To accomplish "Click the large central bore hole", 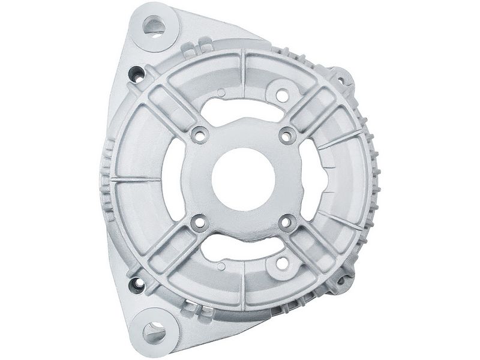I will (243, 179).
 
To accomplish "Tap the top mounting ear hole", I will (154, 26).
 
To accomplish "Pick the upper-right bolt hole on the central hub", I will (287, 135).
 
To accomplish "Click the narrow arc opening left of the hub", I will (172, 179).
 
